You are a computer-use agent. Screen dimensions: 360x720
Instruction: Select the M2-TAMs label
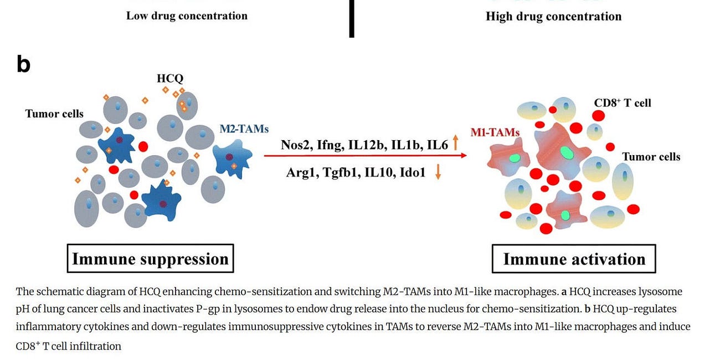pos(244,129)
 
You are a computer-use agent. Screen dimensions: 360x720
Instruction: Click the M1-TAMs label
pos(495,132)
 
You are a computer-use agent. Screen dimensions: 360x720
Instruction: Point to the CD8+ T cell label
pos(623,103)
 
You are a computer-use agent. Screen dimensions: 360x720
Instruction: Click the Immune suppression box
pos(150,259)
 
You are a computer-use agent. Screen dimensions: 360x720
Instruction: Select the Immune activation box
pos(574,259)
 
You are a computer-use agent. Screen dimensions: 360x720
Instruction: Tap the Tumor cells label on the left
pos(54,114)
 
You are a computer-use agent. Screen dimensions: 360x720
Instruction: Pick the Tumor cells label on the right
pos(651,157)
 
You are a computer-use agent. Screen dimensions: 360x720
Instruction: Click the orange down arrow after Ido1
pos(438,172)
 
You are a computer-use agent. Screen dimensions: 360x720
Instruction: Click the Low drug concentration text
pos(187,16)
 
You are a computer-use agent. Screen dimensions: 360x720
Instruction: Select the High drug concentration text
pos(553,16)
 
